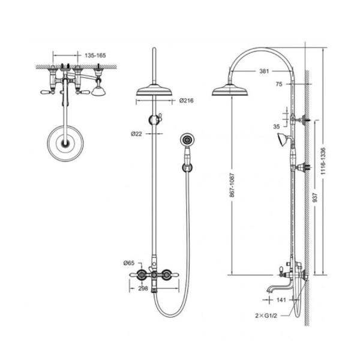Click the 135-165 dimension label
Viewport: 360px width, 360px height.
[x=95, y=56]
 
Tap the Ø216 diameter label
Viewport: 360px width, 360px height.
[x=187, y=101]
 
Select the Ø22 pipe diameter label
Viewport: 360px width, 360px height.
[x=137, y=134]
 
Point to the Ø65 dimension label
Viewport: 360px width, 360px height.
[x=129, y=263]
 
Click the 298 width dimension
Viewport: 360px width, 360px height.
[x=143, y=289]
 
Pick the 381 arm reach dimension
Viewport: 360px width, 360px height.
[x=264, y=71]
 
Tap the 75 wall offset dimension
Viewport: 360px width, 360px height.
[x=279, y=84]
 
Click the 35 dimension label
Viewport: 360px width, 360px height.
[x=277, y=127]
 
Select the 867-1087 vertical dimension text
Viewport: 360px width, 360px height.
[x=232, y=185]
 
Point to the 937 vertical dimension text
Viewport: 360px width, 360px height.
[x=315, y=197]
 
